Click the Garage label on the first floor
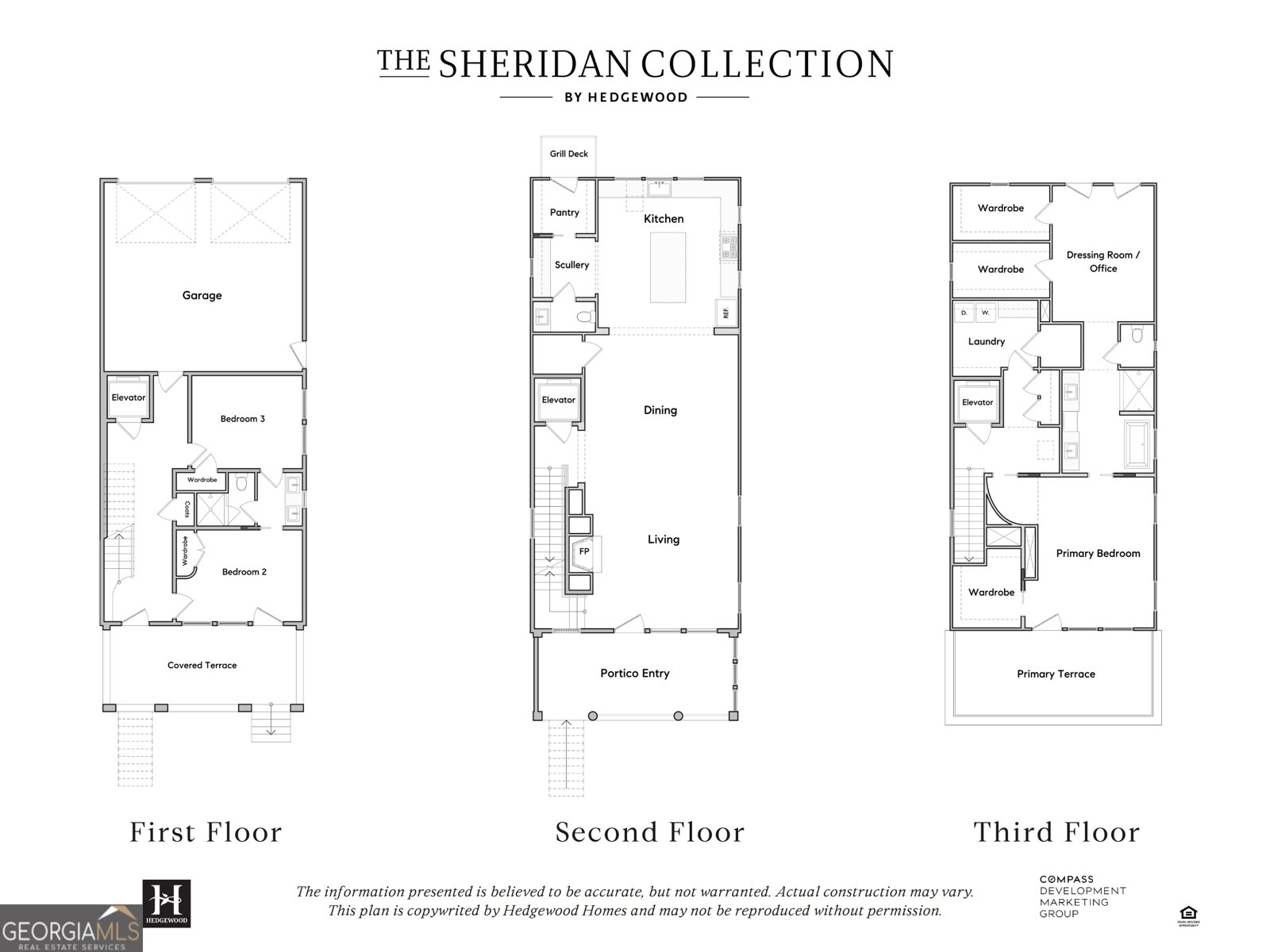point(202,295)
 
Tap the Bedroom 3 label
point(242,418)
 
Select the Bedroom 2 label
point(244,571)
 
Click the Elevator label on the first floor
point(128,397)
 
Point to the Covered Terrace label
point(202,665)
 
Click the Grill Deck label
point(568,153)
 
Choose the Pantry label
point(564,212)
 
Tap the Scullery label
point(571,264)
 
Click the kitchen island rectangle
point(668,267)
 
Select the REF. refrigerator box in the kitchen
point(725,312)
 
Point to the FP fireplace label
point(583,551)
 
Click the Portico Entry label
point(634,673)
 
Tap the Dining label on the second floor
point(660,409)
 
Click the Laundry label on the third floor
point(986,341)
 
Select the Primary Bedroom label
point(1098,553)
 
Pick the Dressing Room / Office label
point(1103,261)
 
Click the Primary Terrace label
point(1056,674)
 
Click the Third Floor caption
point(1056,831)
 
